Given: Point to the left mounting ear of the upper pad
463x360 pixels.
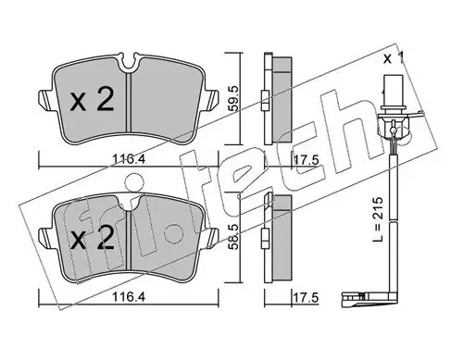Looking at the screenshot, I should tap(43, 96).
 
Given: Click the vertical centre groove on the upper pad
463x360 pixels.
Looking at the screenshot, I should tap(130, 102).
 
